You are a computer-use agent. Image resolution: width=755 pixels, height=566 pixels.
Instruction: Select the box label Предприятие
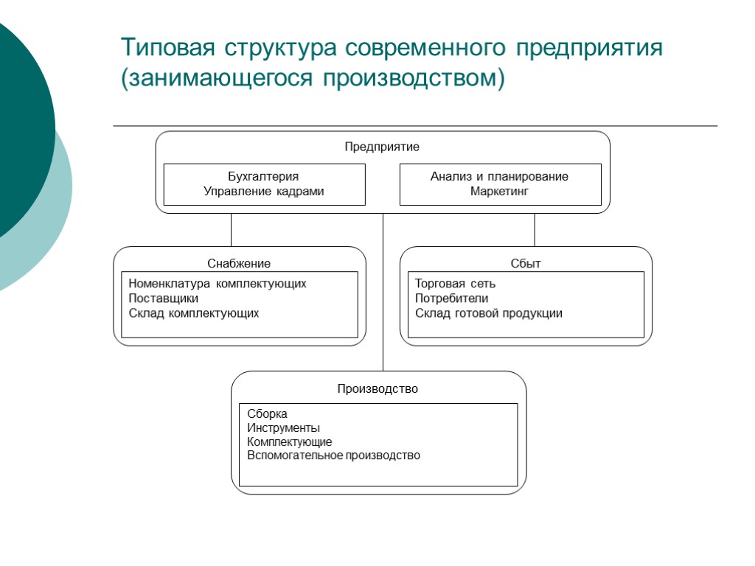pyautogui.click(x=382, y=147)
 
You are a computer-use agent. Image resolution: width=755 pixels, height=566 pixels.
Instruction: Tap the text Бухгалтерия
pyautogui.click(x=263, y=177)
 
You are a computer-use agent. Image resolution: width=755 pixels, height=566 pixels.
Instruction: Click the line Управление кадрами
pyautogui.click(x=263, y=192)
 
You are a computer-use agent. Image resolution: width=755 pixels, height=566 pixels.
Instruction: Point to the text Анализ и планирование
pyautogui.click(x=499, y=177)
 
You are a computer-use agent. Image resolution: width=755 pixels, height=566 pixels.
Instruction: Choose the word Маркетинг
pyautogui.click(x=499, y=192)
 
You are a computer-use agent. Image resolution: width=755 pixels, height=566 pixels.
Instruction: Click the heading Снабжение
pyautogui.click(x=239, y=263)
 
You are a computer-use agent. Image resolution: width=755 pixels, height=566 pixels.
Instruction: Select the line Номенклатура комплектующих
pyautogui.click(x=217, y=284)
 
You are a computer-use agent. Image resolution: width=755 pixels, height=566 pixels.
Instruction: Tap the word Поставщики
pyautogui.click(x=163, y=298)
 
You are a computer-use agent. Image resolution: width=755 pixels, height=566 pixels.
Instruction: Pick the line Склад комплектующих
pyautogui.click(x=193, y=313)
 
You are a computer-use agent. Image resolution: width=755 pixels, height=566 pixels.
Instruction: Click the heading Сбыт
pyautogui.click(x=526, y=263)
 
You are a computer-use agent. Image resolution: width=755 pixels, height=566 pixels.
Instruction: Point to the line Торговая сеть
pyautogui.click(x=455, y=284)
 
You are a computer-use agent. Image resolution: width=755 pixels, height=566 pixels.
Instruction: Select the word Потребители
pyautogui.click(x=451, y=298)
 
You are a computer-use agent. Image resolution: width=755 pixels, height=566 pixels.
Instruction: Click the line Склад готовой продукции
pyautogui.click(x=488, y=313)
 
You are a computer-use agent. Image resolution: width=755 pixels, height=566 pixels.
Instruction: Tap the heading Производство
pyautogui.click(x=377, y=388)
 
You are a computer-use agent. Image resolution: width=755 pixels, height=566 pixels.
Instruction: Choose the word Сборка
pyautogui.click(x=267, y=414)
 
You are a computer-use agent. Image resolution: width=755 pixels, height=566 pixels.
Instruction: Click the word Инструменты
pyautogui.click(x=283, y=428)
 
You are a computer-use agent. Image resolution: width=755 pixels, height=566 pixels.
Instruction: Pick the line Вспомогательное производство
pyautogui.click(x=333, y=455)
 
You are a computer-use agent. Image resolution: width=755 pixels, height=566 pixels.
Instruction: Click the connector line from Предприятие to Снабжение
pyautogui.click(x=231, y=230)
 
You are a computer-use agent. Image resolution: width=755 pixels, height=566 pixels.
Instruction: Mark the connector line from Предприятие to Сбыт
pyautogui.click(x=535, y=230)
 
